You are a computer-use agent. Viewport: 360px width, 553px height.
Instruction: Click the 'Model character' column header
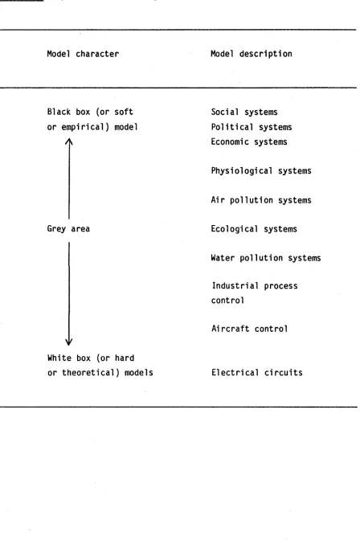pyautogui.click(x=83, y=54)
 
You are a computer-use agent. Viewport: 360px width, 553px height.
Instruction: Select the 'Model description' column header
pyautogui.click(x=252, y=54)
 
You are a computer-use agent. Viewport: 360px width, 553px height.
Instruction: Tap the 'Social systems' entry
pyautogui.click(x=244, y=113)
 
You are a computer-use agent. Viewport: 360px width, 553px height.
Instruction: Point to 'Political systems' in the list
pyautogui.click(x=252, y=127)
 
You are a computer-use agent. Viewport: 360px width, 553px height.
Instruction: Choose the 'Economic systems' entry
pyautogui.click(x=249, y=141)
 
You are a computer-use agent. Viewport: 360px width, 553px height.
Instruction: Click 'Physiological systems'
pyautogui.click(x=261, y=171)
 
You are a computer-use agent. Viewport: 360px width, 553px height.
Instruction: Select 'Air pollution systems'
pyautogui.click(x=261, y=200)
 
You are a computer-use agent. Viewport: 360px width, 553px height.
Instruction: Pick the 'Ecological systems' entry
pyautogui.click(x=254, y=229)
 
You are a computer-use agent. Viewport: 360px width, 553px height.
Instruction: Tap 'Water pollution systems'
pyautogui.click(x=266, y=258)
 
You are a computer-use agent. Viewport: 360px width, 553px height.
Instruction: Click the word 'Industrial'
pyautogui.click(x=235, y=285)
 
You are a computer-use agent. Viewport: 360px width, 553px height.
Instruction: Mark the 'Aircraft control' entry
pyautogui.click(x=250, y=329)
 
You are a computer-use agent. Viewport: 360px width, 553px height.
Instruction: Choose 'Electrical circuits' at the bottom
pyautogui.click(x=257, y=372)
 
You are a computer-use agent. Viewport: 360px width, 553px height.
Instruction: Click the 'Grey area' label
pyautogui.click(x=68, y=229)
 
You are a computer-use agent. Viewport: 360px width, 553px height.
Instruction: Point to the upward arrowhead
pyautogui.click(x=69, y=141)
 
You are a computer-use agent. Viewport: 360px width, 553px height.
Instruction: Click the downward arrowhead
pyautogui.click(x=69, y=342)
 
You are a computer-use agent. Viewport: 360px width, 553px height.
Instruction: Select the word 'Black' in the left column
pyautogui.click(x=59, y=112)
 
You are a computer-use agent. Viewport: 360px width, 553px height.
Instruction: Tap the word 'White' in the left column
pyautogui.click(x=59, y=358)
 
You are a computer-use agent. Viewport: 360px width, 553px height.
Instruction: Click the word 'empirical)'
pyautogui.click(x=85, y=127)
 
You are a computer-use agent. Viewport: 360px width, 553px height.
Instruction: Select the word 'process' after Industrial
pyautogui.click(x=280, y=286)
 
